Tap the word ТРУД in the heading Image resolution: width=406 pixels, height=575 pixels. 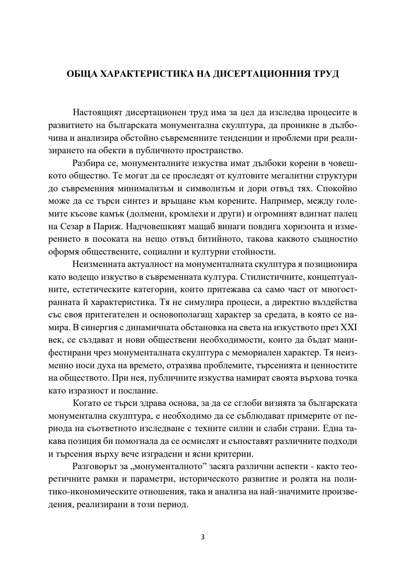(326, 74)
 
